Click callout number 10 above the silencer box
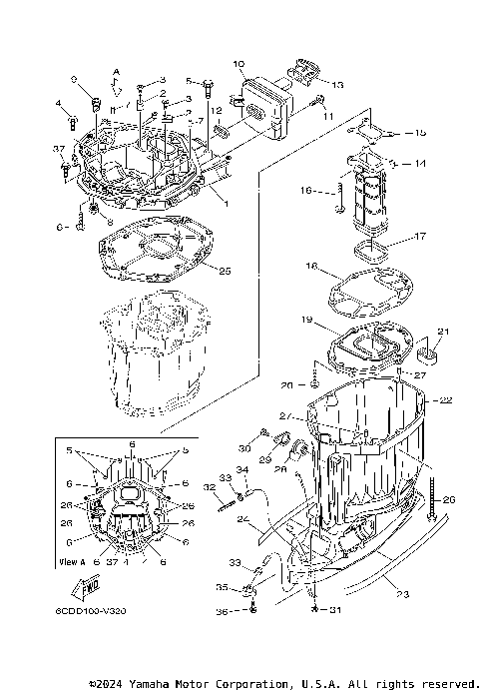pyautogui.click(x=239, y=65)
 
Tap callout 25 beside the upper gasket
pyautogui.click(x=226, y=271)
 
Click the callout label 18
pyautogui.click(x=311, y=268)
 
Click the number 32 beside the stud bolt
pyautogui.click(x=211, y=487)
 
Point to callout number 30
pyautogui.click(x=242, y=447)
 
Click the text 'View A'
pyautogui.click(x=72, y=562)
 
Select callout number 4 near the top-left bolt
pyautogui.click(x=59, y=103)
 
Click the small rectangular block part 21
pyautogui.click(x=431, y=350)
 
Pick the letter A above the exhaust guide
pyautogui.click(x=115, y=72)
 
